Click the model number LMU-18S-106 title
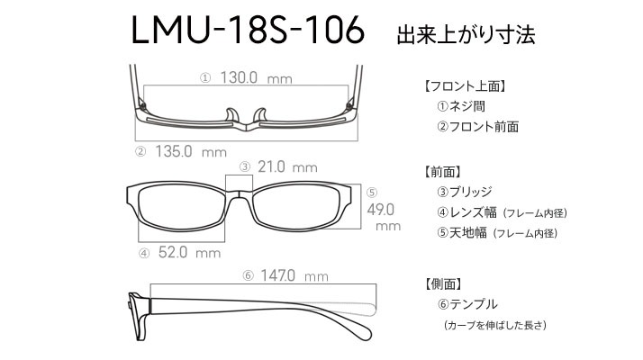click(248, 30)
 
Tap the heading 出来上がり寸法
click(466, 35)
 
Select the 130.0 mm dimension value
click(257, 77)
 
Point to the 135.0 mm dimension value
click(191, 152)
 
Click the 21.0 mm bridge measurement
click(287, 166)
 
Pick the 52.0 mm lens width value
click(189, 252)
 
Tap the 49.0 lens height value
click(381, 210)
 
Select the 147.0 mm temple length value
click(294, 275)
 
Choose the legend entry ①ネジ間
click(461, 106)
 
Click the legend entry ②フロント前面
click(477, 127)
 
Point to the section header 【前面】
click(442, 172)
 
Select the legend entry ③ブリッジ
click(464, 192)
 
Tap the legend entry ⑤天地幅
click(497, 233)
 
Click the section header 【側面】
click(442, 283)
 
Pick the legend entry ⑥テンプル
click(467, 304)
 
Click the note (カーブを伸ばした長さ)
click(495, 325)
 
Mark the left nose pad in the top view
click(231, 115)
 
